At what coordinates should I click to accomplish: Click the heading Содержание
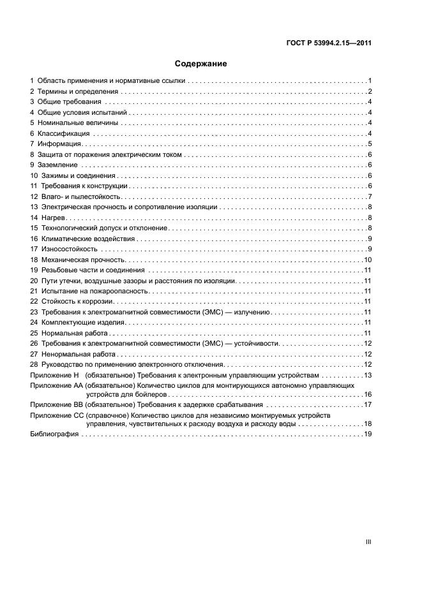click(200, 64)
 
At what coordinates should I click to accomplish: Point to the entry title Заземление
click(59, 165)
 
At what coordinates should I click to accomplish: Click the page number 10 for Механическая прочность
click(368, 260)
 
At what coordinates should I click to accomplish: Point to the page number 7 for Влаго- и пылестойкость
click(370, 196)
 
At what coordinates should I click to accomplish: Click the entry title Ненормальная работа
click(80, 354)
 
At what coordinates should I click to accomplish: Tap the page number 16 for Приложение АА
click(368, 394)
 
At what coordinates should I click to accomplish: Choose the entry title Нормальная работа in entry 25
click(76, 333)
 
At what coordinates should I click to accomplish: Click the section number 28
click(34, 364)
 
